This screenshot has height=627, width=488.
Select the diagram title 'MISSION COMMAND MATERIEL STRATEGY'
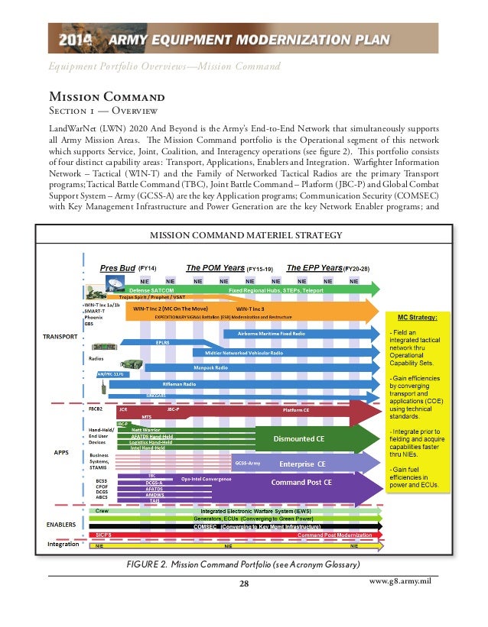tap(244, 234)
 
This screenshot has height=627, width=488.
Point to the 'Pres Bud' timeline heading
tap(118, 268)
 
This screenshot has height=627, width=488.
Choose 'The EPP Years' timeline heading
tap(314, 268)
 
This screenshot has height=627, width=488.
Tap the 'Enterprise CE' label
tap(301, 464)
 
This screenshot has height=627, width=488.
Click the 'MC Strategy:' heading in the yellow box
tap(417, 316)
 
